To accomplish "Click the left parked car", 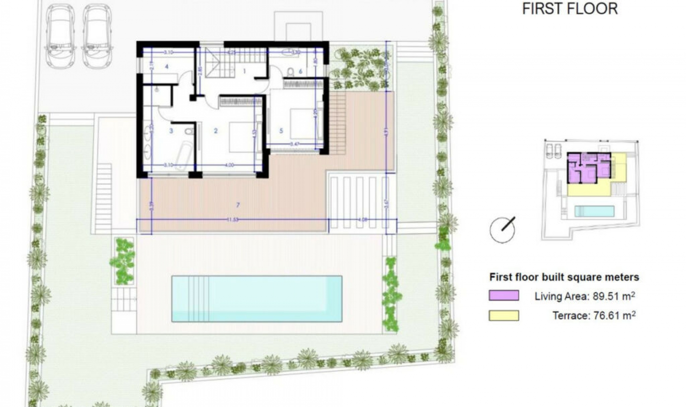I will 60,37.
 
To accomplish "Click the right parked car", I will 96,37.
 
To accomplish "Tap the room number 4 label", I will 166,66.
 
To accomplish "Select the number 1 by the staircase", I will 244,71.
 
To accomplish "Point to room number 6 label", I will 300,71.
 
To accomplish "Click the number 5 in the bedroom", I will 281,131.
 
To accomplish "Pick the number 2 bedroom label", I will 215,131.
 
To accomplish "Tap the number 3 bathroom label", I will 171,131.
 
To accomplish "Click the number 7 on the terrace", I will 238,205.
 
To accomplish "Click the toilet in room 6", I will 290,72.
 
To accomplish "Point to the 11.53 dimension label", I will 233,220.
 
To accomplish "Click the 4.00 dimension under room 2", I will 229,165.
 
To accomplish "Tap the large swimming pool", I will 257,298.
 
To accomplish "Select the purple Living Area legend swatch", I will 504,296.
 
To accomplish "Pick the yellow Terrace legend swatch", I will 504,316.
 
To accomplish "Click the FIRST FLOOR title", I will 570,9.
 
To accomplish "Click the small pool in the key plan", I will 594,211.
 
